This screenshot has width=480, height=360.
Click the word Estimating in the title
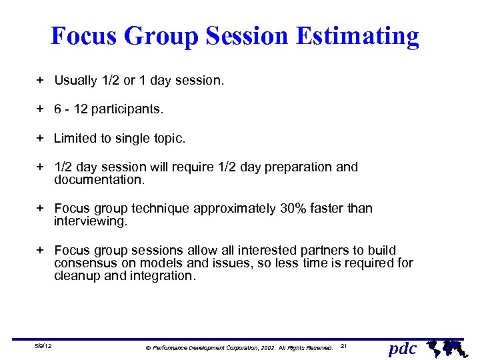[x=358, y=36]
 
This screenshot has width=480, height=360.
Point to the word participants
[x=127, y=109]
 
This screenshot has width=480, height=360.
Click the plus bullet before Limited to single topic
[x=40, y=138]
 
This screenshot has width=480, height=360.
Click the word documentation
[x=99, y=180]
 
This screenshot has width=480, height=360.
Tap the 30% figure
[x=293, y=209]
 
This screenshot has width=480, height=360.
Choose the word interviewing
[x=90, y=221]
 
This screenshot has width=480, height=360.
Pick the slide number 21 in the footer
[x=344, y=347]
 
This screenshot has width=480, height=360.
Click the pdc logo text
[x=402, y=347]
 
